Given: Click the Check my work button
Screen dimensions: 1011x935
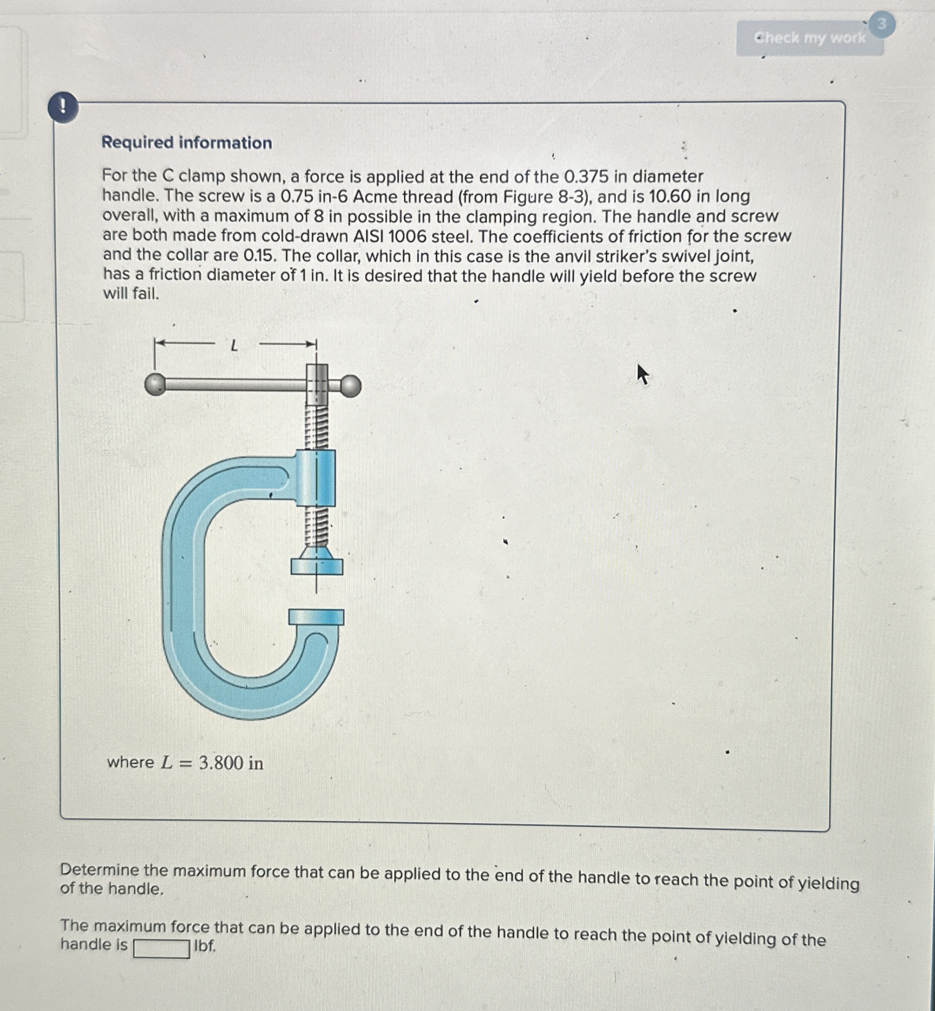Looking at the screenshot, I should pyautogui.click(x=809, y=38).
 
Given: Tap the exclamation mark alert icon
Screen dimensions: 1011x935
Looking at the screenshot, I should pyautogui.click(x=63, y=108).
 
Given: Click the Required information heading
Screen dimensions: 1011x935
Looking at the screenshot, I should pyautogui.click(x=187, y=142).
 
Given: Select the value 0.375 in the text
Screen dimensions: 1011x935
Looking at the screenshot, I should pyautogui.click(x=586, y=177).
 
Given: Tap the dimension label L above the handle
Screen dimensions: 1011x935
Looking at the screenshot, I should pyautogui.click(x=235, y=345).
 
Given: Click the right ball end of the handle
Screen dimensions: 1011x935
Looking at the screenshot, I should pyautogui.click(x=351, y=386).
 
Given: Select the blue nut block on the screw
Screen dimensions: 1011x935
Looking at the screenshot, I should pyautogui.click(x=316, y=478).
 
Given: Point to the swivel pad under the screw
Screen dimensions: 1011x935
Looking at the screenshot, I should pyautogui.click(x=317, y=566).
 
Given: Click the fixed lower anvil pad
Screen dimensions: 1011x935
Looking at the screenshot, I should pyautogui.click(x=316, y=617).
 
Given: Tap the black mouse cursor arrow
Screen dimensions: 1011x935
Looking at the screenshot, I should pyautogui.click(x=643, y=374).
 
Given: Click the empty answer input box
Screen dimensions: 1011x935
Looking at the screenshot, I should pyautogui.click(x=162, y=948).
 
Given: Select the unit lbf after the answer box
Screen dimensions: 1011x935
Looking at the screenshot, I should pyautogui.click(x=204, y=946).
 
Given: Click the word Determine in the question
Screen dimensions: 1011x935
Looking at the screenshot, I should pyautogui.click(x=100, y=870).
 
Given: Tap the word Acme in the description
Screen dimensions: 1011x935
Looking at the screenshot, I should pyautogui.click(x=377, y=197).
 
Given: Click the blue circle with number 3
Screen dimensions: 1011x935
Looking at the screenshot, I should pyautogui.click(x=881, y=25).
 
